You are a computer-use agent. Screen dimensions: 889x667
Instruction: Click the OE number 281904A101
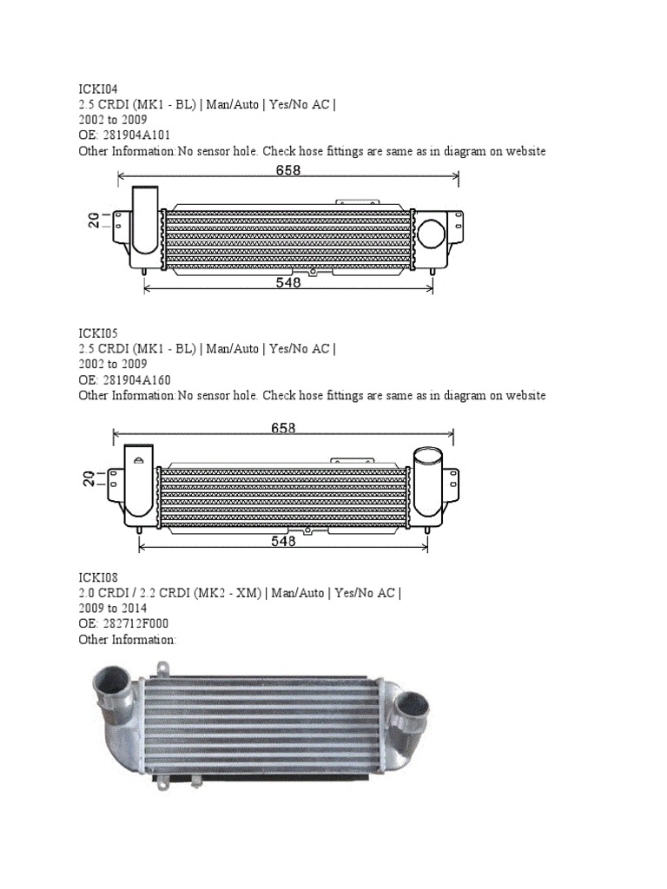(135, 135)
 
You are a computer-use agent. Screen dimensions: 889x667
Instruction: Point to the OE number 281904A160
(135, 380)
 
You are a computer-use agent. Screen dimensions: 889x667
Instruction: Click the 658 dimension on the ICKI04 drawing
(288, 171)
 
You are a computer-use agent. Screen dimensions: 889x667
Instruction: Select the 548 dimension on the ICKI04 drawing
(288, 282)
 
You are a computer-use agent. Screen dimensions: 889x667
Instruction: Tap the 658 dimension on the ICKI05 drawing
(283, 428)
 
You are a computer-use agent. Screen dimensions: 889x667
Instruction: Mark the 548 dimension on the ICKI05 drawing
(283, 540)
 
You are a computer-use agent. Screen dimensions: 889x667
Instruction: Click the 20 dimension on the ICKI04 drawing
(94, 221)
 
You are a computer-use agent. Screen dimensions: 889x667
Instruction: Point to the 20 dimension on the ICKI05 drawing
(89, 477)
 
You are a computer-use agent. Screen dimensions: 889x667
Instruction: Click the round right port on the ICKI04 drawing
(431, 233)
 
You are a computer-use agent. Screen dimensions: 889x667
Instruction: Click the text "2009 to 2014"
(113, 609)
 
